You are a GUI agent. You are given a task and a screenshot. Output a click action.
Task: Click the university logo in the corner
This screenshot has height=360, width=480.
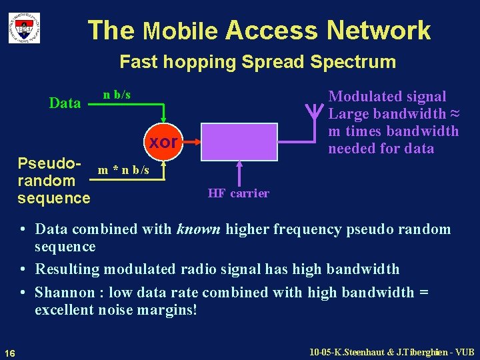coord(24,28)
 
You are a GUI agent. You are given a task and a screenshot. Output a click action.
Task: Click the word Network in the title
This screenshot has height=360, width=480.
coord(379,31)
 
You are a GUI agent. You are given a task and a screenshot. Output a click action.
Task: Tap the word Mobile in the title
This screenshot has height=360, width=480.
coord(180,31)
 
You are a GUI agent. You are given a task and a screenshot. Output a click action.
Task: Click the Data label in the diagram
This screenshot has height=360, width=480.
coord(65,103)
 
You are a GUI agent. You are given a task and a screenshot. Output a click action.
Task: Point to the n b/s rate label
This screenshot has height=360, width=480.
coord(117,95)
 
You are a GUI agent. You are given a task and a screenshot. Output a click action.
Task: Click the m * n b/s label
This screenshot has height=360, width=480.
coord(123,170)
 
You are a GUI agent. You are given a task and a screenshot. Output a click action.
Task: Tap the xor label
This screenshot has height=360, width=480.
coord(163,142)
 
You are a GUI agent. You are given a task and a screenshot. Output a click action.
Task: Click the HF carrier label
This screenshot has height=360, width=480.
coord(238,193)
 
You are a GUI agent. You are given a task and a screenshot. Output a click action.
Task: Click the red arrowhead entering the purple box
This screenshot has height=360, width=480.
coord(197,142)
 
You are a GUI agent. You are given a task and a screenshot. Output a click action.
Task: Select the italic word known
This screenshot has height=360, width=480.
coord(199,229)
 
